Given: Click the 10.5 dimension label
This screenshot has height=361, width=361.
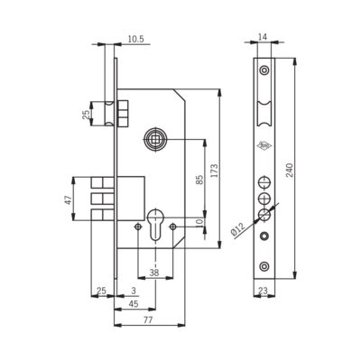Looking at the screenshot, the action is [x=136, y=39].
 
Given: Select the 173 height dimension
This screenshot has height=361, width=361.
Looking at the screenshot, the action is [x=215, y=171].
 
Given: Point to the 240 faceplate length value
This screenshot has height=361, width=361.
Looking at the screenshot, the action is [x=290, y=171].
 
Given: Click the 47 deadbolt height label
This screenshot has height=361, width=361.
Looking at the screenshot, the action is [x=69, y=200].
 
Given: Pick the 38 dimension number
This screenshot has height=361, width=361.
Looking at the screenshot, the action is [x=154, y=273].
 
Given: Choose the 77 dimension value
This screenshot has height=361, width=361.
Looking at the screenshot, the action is [x=148, y=320].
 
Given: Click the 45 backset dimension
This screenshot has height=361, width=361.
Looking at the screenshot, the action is [x=133, y=304].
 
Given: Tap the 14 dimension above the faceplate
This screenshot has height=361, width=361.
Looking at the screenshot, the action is [x=263, y=37].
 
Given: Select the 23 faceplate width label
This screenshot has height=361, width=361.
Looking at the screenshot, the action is [x=263, y=291].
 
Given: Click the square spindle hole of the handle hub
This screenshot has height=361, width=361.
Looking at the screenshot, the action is [x=155, y=139].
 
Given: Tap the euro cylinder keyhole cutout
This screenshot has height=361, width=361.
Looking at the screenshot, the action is [x=155, y=225].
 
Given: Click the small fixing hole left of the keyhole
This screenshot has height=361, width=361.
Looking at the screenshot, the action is [x=138, y=227].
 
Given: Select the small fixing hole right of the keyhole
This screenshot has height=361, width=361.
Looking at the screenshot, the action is [x=172, y=227].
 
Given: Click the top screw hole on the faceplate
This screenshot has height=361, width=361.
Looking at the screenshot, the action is [x=264, y=70].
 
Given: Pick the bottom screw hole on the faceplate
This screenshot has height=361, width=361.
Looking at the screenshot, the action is [x=264, y=266].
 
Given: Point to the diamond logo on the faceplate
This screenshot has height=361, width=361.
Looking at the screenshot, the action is [x=263, y=145].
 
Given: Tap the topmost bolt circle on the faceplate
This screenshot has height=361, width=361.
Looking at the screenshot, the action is [x=264, y=182].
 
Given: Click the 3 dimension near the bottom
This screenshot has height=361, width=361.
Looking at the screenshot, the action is [x=134, y=291].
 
